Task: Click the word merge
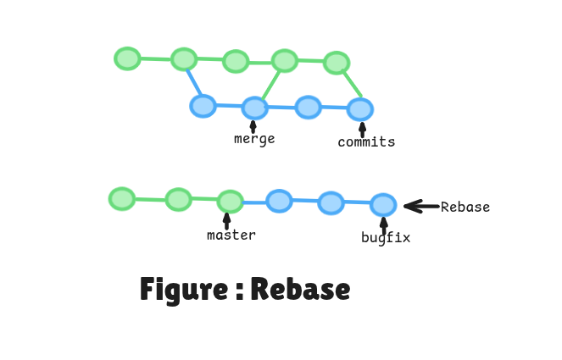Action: click(254, 139)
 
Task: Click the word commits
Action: click(366, 142)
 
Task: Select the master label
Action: click(231, 235)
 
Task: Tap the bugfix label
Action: click(386, 238)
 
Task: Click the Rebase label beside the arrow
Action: click(465, 207)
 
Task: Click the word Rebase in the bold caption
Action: click(300, 290)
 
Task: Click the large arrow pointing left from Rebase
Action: click(420, 206)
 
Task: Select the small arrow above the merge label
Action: click(253, 126)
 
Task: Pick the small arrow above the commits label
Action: click(363, 129)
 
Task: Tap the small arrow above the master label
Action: click(226, 220)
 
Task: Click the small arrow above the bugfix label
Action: click(383, 224)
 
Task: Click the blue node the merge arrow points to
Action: click(254, 108)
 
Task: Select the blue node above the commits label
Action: click(360, 109)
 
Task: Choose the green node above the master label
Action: click(230, 202)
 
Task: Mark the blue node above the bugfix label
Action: click(383, 204)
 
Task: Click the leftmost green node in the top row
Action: click(127, 58)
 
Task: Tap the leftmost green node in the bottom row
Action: click(122, 199)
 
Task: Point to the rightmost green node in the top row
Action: click(337, 63)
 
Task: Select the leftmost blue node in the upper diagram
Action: click(203, 106)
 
